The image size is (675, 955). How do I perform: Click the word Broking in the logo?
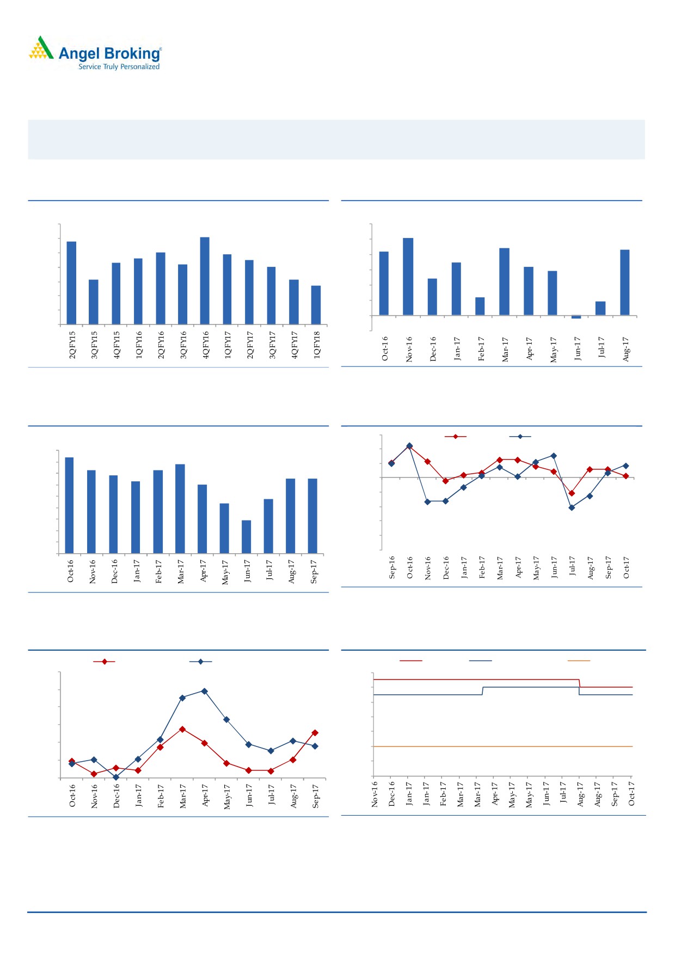pos(132,54)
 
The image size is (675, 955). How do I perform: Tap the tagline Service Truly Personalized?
pos(119,67)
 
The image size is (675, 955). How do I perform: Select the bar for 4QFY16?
pos(205,280)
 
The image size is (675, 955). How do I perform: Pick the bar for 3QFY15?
pos(94,302)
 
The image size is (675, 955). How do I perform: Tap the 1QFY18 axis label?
pos(317,345)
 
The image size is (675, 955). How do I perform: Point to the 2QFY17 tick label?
pos(250,345)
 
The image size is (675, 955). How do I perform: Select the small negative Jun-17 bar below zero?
pos(576,317)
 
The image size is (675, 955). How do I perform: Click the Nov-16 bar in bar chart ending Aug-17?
pos(408,277)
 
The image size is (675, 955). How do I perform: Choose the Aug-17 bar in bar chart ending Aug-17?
pos(624,282)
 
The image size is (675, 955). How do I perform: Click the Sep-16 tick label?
pos(392,567)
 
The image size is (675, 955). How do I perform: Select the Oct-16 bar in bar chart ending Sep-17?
pos(69,505)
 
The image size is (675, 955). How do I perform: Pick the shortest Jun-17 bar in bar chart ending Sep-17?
pos(246,537)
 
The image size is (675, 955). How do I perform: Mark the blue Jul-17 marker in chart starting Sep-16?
pos(572,508)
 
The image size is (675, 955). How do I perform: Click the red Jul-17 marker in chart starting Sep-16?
pos(572,493)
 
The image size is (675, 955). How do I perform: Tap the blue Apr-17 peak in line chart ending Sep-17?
pos(204,691)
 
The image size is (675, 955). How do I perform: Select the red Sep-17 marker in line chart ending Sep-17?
pos(315,733)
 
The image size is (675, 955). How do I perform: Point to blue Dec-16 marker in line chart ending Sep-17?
pos(115,777)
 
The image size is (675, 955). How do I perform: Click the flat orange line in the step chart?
pos(501,746)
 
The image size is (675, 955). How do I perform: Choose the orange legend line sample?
pos(579,661)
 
